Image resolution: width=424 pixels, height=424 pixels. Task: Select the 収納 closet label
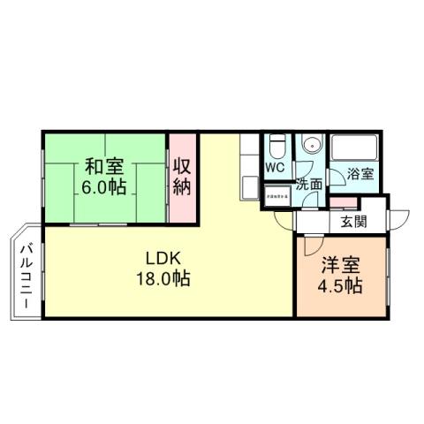[183, 176]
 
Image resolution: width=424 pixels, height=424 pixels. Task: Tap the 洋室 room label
[341, 265]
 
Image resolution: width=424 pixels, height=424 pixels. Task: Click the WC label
[274, 167]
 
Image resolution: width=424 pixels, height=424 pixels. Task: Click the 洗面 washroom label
[309, 185]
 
